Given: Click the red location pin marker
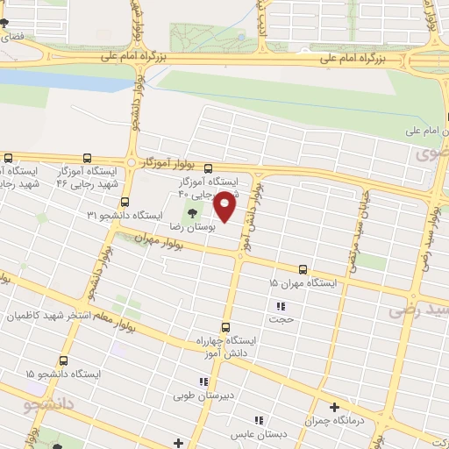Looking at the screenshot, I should coord(225,206).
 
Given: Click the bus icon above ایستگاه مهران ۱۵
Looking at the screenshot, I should coord(303,269).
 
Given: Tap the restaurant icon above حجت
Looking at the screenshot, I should coord(281,306).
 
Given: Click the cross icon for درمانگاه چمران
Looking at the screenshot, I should coord(334,407).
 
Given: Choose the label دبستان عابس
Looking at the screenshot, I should coord(253,434).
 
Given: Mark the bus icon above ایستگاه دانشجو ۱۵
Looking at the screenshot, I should coord(62,360).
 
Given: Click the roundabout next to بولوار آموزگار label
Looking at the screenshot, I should coord(130,164).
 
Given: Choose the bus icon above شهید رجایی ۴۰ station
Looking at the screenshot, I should coord(208,168).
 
